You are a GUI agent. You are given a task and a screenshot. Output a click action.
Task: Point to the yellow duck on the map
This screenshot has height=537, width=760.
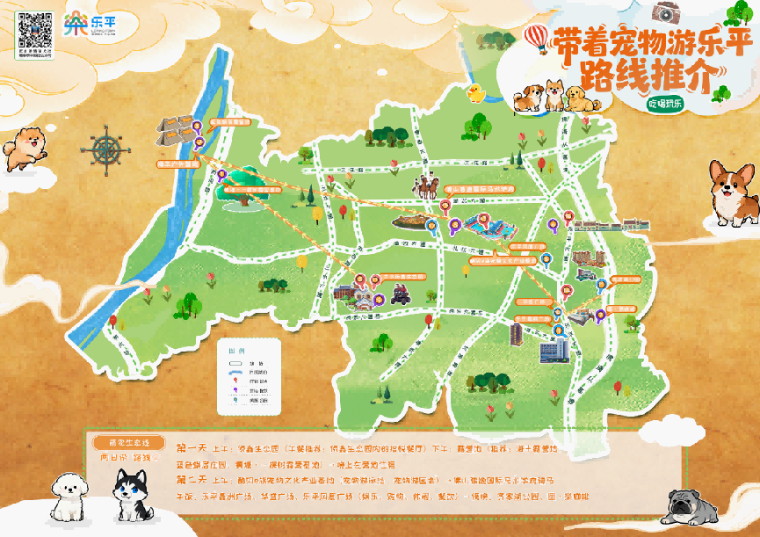point(476,93)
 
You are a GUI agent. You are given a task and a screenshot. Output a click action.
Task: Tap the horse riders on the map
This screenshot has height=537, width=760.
point(427,185)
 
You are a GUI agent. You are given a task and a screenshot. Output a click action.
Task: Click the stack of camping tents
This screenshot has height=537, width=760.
point(177,128)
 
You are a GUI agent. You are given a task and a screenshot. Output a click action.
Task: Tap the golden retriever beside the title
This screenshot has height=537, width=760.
point(575,96)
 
